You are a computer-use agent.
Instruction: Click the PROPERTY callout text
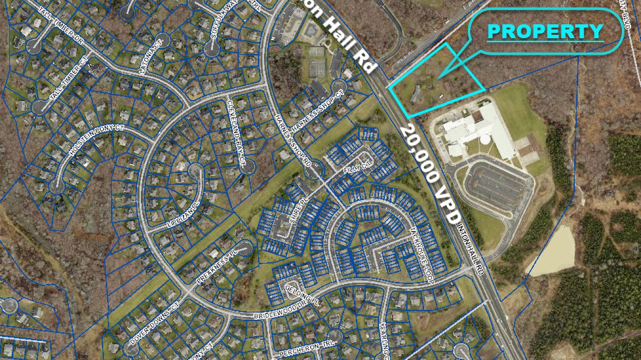[545, 31]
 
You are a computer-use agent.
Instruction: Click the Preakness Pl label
[213, 269]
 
